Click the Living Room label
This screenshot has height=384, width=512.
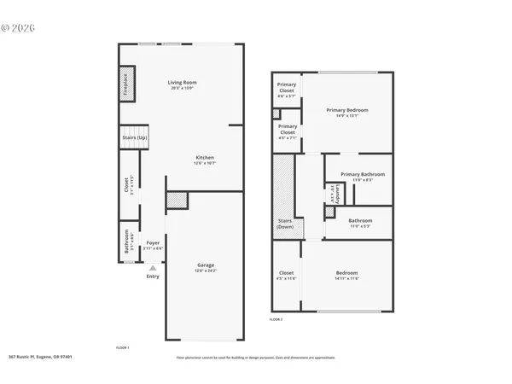183,84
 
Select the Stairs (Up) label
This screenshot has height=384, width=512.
133,137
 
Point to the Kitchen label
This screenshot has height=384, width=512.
204,160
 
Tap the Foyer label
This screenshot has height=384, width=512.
153,244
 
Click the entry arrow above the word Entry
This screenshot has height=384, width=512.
153,267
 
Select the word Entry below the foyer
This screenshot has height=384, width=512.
153,276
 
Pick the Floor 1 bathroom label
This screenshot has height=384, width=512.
128,240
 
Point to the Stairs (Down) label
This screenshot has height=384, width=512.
284,224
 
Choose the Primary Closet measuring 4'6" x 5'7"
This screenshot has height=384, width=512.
287,92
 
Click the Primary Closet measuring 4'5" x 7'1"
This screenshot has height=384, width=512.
288,131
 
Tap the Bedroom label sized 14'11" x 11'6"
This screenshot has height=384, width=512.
346,275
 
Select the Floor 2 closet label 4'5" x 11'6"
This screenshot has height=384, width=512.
286,275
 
